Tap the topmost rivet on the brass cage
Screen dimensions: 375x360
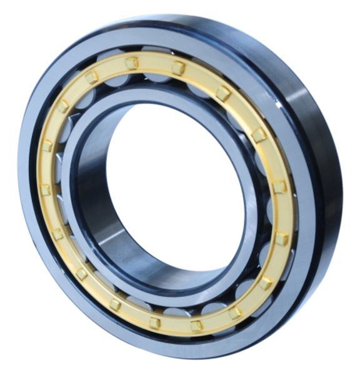point(131,62)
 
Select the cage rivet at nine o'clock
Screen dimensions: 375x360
point(45,189)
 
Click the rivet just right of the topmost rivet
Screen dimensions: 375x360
point(178,67)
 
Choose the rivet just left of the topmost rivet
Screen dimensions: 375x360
point(92,77)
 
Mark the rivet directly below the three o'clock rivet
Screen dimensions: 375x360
point(281,238)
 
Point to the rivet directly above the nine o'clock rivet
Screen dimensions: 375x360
point(47,146)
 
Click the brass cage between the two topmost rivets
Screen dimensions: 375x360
point(155,62)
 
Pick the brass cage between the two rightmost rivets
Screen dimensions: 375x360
point(282,212)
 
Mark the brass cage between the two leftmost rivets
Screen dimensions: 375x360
point(45,167)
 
